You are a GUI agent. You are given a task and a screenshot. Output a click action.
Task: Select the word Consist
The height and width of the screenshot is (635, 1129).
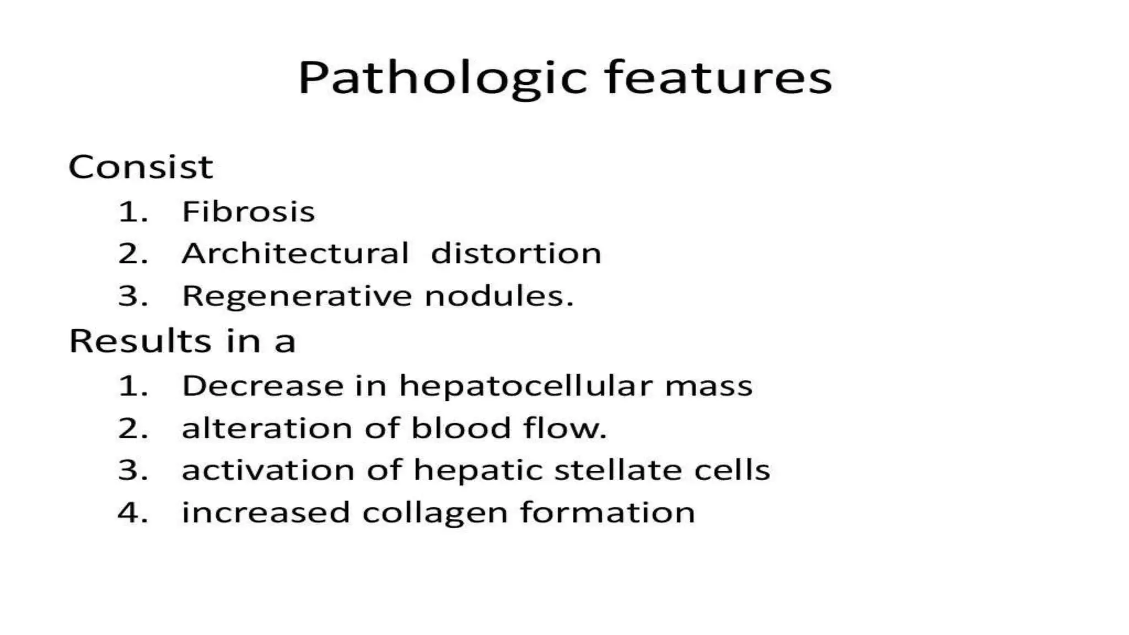click(x=141, y=167)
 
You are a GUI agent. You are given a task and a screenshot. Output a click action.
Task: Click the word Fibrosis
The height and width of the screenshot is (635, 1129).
click(x=248, y=212)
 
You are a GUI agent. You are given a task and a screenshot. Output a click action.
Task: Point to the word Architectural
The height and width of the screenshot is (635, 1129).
click(x=295, y=254)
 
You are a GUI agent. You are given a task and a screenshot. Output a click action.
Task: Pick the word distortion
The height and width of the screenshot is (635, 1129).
click(x=516, y=254)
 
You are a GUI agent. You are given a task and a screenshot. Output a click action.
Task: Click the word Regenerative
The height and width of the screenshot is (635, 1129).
click(x=297, y=297)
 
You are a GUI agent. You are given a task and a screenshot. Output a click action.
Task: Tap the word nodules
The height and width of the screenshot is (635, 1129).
click(x=499, y=296)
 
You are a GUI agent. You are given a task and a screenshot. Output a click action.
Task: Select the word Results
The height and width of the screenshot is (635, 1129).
click(x=140, y=341)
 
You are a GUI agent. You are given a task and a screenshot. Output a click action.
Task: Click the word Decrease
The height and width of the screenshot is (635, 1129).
click(x=262, y=385)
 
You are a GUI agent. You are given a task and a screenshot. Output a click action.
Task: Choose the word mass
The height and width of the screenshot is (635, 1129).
click(x=708, y=386)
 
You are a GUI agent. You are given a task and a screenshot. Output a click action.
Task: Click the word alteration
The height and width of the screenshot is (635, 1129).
click(x=267, y=428)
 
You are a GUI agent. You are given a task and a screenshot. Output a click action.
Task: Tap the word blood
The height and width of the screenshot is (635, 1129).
click(x=461, y=428)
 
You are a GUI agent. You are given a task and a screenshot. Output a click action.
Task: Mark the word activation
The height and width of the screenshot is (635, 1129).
click(x=268, y=470)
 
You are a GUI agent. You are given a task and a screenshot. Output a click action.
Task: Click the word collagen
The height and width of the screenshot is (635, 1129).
click(x=435, y=513)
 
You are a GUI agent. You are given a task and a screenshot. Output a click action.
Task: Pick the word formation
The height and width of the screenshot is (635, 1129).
click(x=607, y=513)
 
